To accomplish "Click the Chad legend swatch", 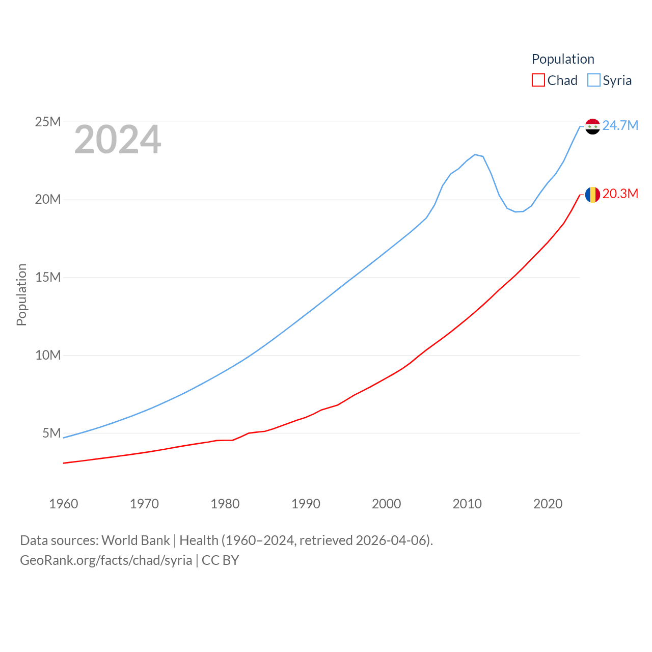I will tap(538, 80).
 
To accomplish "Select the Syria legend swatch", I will tap(594, 80).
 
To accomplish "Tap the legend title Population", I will tap(563, 59).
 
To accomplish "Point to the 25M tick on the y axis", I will tap(48, 122).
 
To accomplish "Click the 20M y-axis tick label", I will tap(48, 200).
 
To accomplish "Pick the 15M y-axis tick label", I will tap(48, 278).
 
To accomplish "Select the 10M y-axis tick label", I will tap(48, 355).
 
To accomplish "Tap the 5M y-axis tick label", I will tap(51, 433).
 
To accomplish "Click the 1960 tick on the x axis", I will tap(64, 504).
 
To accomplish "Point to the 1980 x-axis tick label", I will tap(225, 504).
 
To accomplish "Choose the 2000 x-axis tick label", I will tap(387, 504).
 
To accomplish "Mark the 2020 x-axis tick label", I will tap(548, 504).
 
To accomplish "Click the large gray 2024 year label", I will tap(118, 140).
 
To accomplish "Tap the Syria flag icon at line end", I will tap(592, 126).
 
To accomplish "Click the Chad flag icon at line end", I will tap(592, 195).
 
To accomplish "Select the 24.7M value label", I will tap(620, 125).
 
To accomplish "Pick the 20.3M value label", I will tap(620, 194).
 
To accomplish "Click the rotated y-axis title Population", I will tap(21, 294).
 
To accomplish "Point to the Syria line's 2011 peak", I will tap(475, 154).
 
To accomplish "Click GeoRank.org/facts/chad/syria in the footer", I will tap(106, 560).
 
